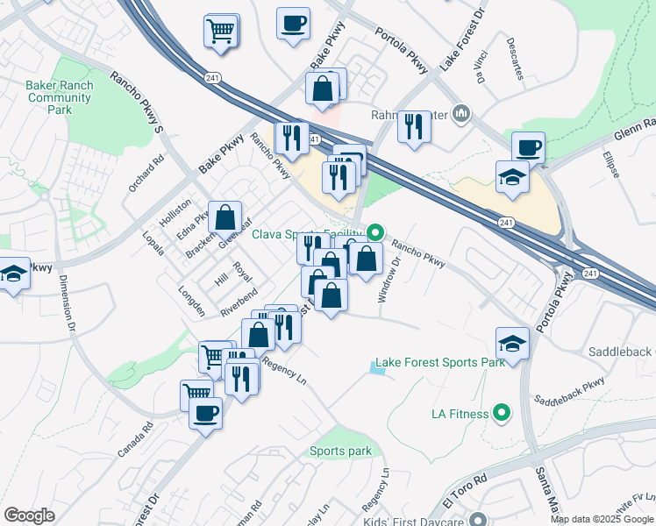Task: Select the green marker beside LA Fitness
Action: tap(502, 411)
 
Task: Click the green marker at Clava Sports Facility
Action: tap(375, 233)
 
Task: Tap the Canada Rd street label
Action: tap(135, 440)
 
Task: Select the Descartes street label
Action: tap(514, 58)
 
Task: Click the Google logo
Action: tap(29, 515)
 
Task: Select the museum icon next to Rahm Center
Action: tap(464, 114)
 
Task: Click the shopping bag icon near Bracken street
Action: tap(225, 217)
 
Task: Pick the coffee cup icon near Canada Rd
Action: tap(206, 413)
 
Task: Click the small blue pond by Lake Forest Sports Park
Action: tap(377, 369)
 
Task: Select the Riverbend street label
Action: tap(239, 301)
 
